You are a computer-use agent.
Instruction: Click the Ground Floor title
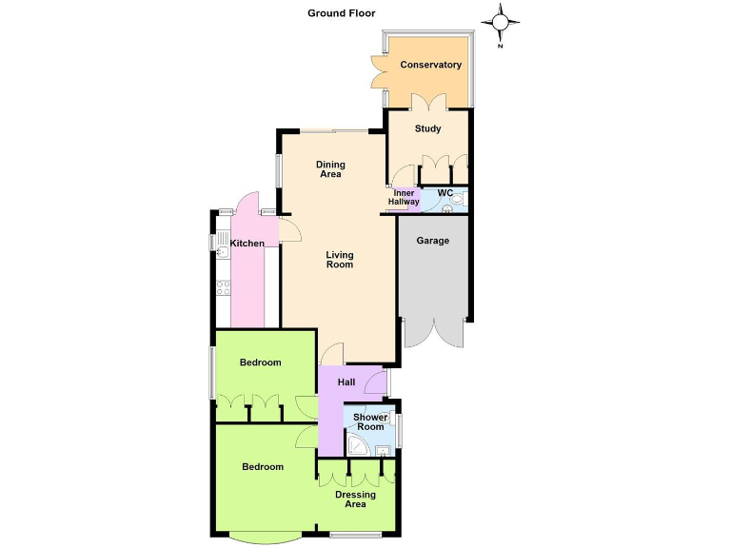point(341,13)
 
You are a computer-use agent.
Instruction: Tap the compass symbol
point(502,22)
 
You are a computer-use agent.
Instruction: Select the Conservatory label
point(430,65)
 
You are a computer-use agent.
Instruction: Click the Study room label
point(427,128)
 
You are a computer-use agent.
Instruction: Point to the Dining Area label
point(330,169)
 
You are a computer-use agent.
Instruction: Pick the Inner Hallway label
point(404,198)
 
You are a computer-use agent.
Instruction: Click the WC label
point(445,193)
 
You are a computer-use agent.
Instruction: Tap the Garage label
point(433,240)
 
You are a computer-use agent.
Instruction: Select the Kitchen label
point(247,244)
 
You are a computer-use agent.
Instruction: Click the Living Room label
point(340,259)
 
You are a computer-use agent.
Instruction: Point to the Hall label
point(346,382)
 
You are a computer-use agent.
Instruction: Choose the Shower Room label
point(370,422)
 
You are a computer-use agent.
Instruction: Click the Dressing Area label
point(355,499)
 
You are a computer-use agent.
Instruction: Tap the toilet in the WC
point(457,200)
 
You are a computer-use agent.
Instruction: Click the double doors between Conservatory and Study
point(428,101)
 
